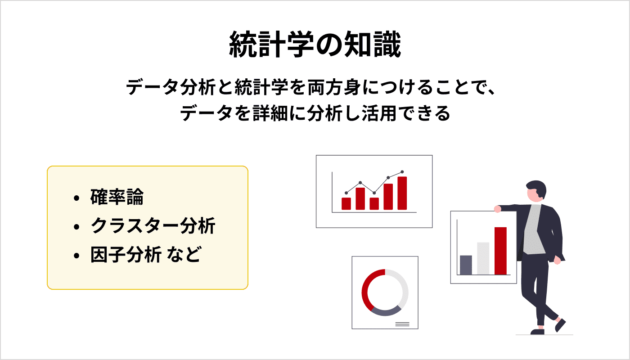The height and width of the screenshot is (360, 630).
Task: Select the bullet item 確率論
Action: click(117, 198)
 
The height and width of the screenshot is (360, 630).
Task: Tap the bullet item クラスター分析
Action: click(153, 226)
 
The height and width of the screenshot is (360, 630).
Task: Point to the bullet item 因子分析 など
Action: click(144, 255)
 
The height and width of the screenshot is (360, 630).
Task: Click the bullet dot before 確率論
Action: click(77, 198)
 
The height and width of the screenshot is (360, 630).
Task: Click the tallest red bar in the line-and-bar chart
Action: click(402, 193)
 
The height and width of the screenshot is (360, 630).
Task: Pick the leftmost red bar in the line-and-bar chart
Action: click(346, 203)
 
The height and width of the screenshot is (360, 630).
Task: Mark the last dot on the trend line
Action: click(402, 172)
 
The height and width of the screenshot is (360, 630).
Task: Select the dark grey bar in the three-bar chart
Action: click(466, 265)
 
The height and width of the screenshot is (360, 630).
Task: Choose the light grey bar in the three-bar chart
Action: click(483, 258)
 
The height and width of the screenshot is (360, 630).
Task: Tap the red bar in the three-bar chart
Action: click(500, 251)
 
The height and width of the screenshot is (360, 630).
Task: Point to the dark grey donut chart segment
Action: click(385, 311)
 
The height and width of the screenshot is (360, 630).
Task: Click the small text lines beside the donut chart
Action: click(402, 324)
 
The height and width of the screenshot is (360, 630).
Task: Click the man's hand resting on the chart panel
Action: click(497, 209)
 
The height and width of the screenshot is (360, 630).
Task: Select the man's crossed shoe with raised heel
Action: click(560, 325)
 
